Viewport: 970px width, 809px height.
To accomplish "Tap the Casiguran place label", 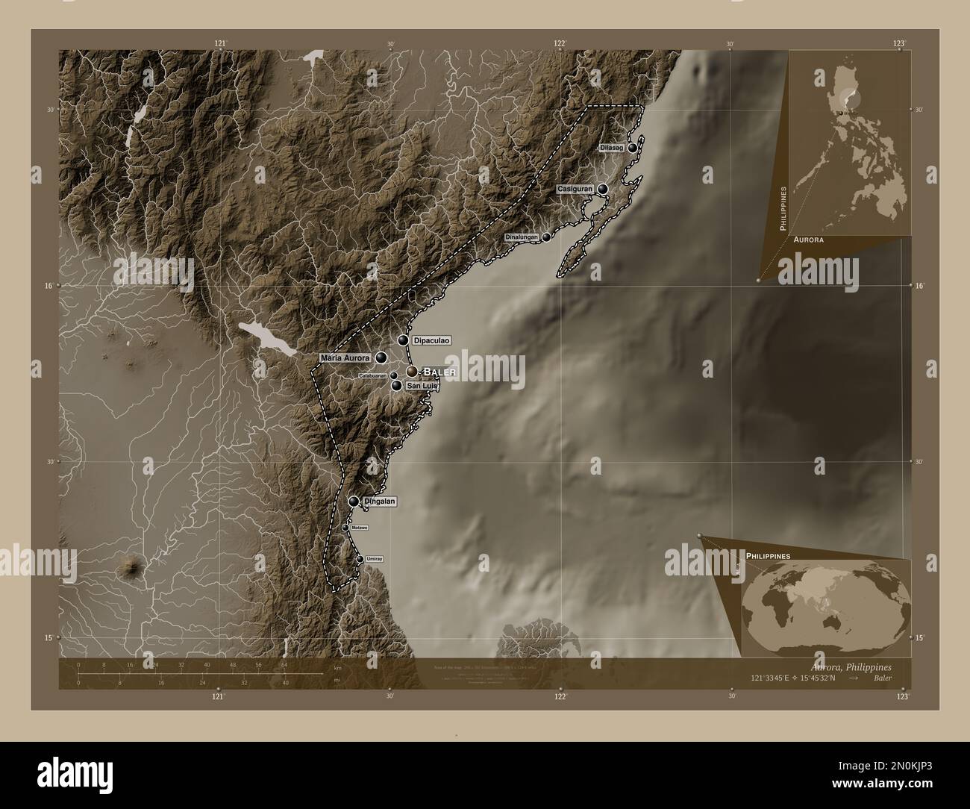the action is [575, 190].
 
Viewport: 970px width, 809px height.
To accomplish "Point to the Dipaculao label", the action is [431, 340].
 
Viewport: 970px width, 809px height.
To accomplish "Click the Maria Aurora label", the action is [345, 358].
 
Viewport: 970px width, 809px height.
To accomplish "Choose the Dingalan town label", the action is [381, 502].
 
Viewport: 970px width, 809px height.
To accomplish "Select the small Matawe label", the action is [360, 528].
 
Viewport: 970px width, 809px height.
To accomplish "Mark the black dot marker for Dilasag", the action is [633, 148].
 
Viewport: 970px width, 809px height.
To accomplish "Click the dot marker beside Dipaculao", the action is [404, 340].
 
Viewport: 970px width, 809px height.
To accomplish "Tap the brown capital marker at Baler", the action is [412, 371].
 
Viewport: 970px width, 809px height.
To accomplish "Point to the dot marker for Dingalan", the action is [354, 502].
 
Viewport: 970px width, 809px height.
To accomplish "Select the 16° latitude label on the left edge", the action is [49, 286].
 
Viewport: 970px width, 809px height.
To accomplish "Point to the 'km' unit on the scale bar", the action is [337, 666].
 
